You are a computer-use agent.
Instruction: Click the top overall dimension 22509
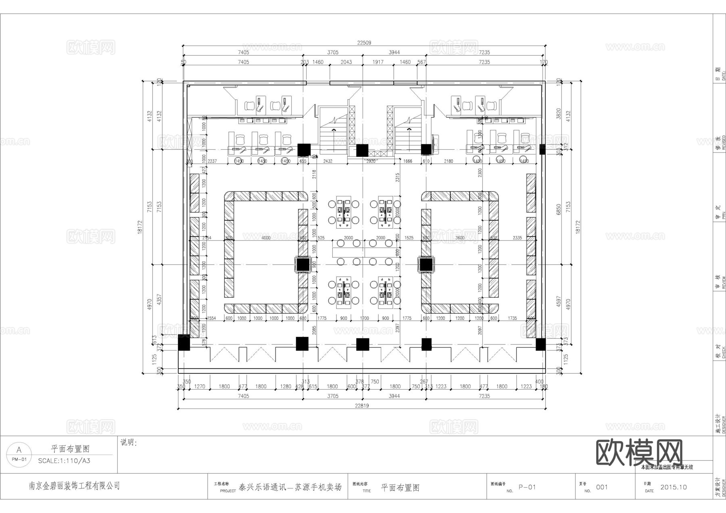click(x=364, y=43)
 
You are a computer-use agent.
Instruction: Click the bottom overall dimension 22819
click(x=361, y=406)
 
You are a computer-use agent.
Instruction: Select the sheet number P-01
click(x=527, y=487)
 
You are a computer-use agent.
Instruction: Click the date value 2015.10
click(x=673, y=487)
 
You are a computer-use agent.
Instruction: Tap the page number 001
click(x=601, y=487)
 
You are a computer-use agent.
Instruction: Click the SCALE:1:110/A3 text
click(x=64, y=461)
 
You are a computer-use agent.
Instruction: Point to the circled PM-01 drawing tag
click(x=19, y=454)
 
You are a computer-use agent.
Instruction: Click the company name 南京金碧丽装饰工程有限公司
click(x=74, y=486)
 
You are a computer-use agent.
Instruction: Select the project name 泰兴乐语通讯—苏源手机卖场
click(x=290, y=487)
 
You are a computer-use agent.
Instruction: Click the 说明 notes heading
click(x=129, y=443)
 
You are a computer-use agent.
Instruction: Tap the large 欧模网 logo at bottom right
click(x=639, y=453)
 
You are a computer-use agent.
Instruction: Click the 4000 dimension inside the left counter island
click(x=266, y=238)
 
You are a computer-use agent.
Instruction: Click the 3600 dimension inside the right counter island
click(x=460, y=238)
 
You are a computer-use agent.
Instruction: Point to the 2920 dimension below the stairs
click(x=371, y=161)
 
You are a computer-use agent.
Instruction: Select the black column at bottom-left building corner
click(x=184, y=344)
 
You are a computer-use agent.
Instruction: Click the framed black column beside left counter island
click(x=302, y=265)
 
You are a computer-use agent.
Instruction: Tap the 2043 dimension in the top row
click(x=346, y=62)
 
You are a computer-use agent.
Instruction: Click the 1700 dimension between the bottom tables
click(x=364, y=318)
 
